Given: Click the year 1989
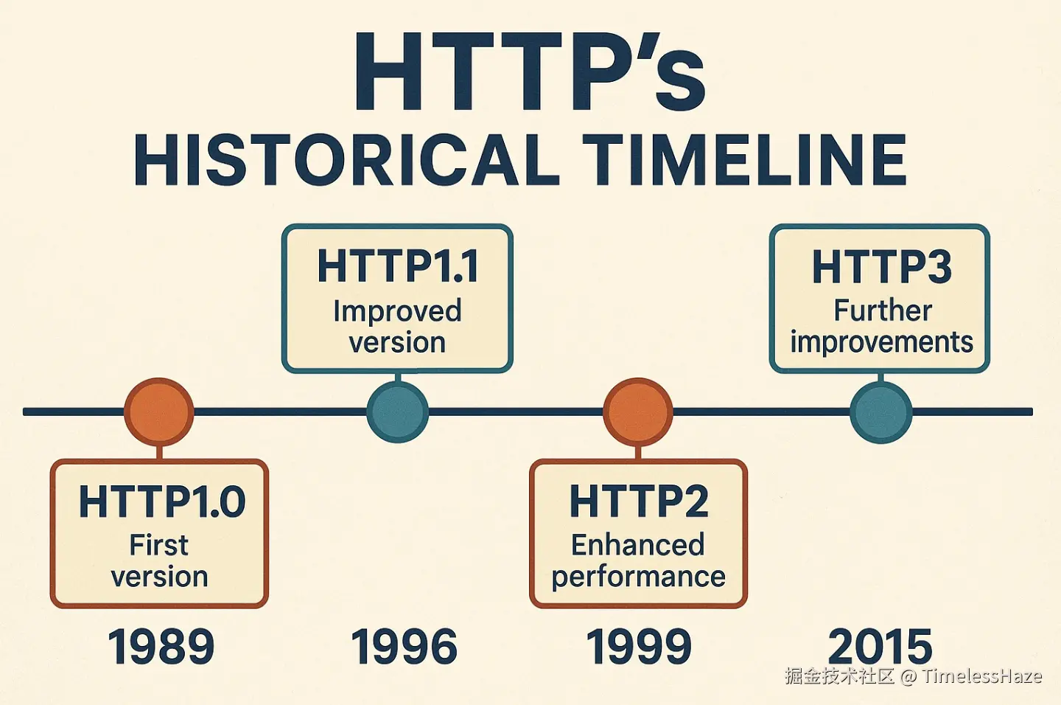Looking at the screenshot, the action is pyautogui.click(x=161, y=646).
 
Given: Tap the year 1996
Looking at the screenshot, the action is pyautogui.click(x=404, y=646).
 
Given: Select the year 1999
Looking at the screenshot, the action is pyautogui.click(x=639, y=646).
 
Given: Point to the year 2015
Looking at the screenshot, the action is pyautogui.click(x=880, y=646).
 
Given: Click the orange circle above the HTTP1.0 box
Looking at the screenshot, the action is pyautogui.click(x=159, y=412).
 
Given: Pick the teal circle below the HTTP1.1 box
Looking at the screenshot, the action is pyautogui.click(x=398, y=412).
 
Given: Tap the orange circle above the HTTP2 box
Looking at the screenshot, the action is pyautogui.click(x=638, y=412).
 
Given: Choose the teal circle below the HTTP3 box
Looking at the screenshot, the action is pyautogui.click(x=881, y=412).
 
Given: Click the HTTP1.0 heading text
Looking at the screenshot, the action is pyautogui.click(x=162, y=501).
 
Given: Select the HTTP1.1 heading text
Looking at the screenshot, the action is pyautogui.click(x=398, y=266).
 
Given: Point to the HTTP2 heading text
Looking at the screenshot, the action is pyautogui.click(x=639, y=501).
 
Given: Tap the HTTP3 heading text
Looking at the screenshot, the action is pyautogui.click(x=882, y=267).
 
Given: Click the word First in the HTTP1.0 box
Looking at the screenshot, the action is pyautogui.click(x=159, y=545).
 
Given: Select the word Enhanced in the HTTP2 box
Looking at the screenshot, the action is pyautogui.click(x=638, y=545).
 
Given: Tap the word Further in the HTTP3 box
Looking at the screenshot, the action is pyautogui.click(x=883, y=311).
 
